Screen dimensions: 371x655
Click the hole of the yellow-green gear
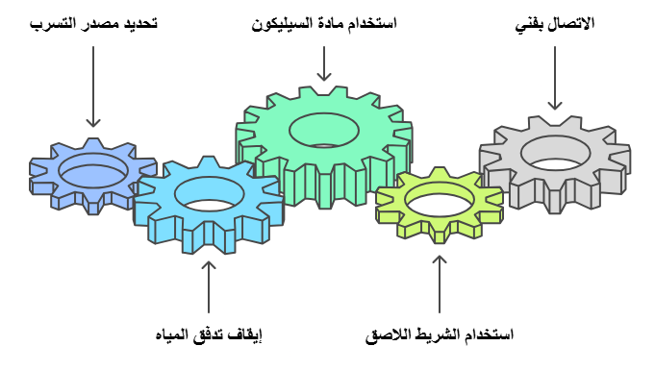440,200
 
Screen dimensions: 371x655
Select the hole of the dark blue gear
92,171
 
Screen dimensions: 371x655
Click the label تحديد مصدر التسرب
93,23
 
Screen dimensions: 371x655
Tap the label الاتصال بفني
556,23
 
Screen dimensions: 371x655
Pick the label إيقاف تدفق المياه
210,335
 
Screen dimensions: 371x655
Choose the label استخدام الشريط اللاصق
440,335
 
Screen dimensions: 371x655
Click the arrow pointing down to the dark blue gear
92,87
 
